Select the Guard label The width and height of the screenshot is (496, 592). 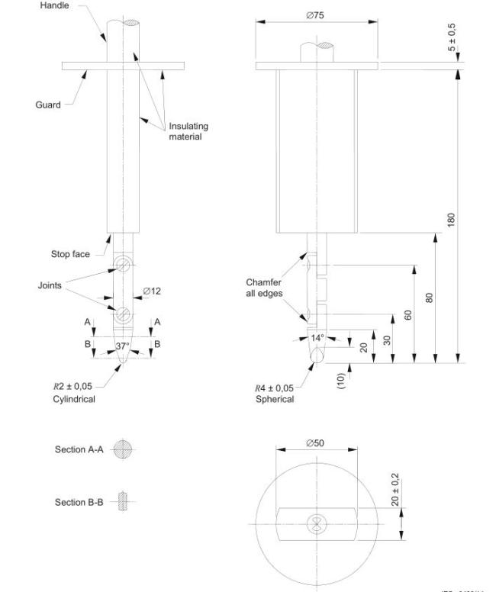click(x=48, y=105)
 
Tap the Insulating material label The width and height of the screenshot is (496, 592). click(x=188, y=131)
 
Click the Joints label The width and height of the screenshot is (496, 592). click(x=50, y=286)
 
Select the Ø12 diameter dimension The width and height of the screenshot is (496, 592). click(x=153, y=291)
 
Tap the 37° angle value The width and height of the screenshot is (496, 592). click(x=122, y=346)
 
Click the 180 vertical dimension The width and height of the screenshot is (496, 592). click(x=453, y=218)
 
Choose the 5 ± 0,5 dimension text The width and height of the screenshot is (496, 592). click(x=453, y=36)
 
